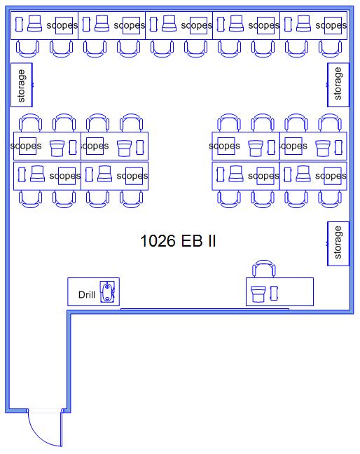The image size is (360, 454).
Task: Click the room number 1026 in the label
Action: [x=158, y=240]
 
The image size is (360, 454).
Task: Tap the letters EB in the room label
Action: [x=192, y=240]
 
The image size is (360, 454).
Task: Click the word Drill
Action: [x=87, y=295]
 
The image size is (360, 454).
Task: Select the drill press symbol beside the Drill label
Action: [x=107, y=291]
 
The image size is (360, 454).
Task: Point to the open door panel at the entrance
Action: [x=61, y=428]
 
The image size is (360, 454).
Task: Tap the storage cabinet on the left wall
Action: [x=22, y=85]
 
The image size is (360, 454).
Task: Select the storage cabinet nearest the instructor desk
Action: [x=338, y=244]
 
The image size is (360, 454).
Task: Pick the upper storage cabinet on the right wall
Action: [x=338, y=85]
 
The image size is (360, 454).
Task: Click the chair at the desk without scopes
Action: [x=263, y=268]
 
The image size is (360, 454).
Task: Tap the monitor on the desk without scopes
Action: [x=258, y=294]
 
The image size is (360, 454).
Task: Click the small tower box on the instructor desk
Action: [x=274, y=293]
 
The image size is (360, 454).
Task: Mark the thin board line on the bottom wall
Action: [x=205, y=309]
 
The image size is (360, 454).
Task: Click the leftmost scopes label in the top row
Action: [x=62, y=25]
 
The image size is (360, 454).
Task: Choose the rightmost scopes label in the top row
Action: [x=331, y=25]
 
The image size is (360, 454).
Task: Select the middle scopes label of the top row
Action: [x=197, y=25]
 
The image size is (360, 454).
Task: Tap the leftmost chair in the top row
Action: [x=27, y=48]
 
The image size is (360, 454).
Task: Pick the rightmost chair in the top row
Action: [x=330, y=48]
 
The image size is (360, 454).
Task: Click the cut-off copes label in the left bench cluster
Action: [x=95, y=146]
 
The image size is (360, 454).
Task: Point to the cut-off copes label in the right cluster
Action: [x=293, y=146]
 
